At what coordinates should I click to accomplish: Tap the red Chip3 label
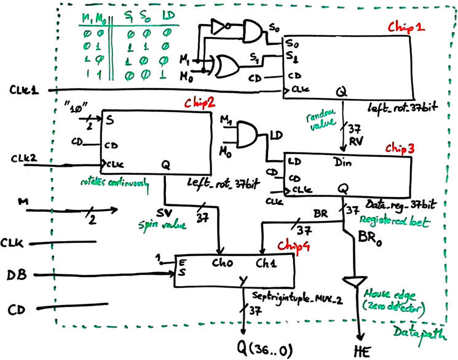click(400, 148)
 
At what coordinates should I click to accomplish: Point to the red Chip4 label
click(291, 245)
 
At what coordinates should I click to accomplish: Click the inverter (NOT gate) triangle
click(217, 26)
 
